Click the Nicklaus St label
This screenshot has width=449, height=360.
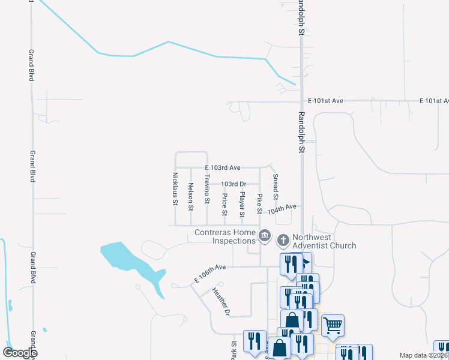coord(175,189)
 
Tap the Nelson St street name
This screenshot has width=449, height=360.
coord(190,197)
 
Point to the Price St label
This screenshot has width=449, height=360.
coord(224,205)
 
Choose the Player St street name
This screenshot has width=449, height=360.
coord(242,205)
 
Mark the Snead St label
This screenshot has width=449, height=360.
coord(275,187)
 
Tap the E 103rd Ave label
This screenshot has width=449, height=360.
coord(223,167)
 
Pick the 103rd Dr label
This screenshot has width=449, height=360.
coord(234,184)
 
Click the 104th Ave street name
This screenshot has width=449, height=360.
coord(282,209)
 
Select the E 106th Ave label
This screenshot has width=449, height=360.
coord(209,273)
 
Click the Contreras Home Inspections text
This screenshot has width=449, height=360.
coord(225,236)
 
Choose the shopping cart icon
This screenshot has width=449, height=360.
coord(333,325)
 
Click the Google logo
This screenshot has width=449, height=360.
coord(20,353)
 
